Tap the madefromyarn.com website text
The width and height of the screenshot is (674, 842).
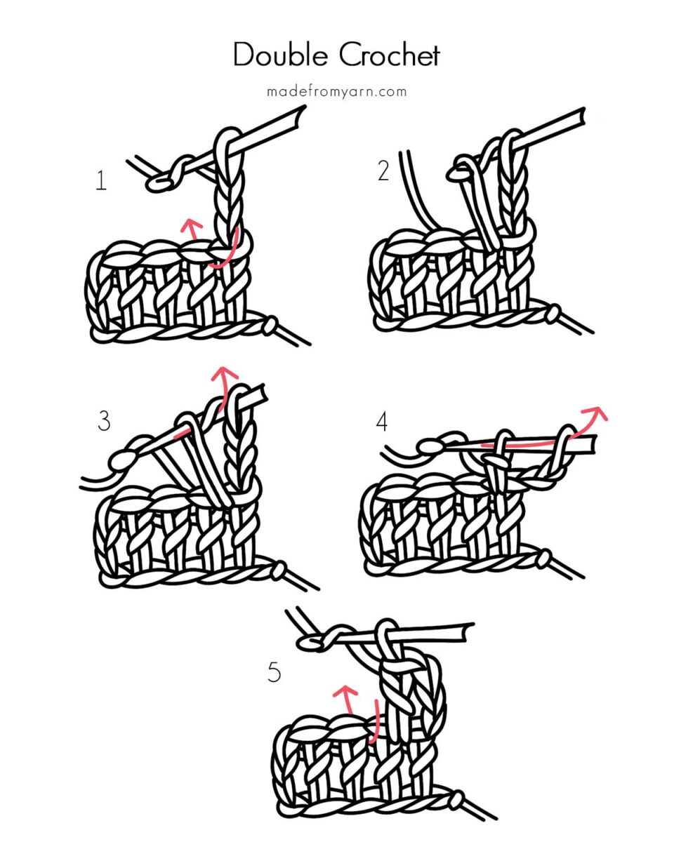tap(336, 92)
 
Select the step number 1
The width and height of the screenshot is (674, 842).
tap(101, 181)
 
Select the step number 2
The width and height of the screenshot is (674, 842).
tap(383, 171)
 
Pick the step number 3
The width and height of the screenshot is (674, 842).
tap(104, 421)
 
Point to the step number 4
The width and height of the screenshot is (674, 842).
tap(382, 421)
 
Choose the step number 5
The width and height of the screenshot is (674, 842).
tap(274, 672)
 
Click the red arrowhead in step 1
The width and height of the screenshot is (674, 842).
tap(188, 224)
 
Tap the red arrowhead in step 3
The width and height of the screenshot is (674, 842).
tap(224, 371)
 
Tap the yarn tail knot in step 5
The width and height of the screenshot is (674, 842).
tap(456, 799)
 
